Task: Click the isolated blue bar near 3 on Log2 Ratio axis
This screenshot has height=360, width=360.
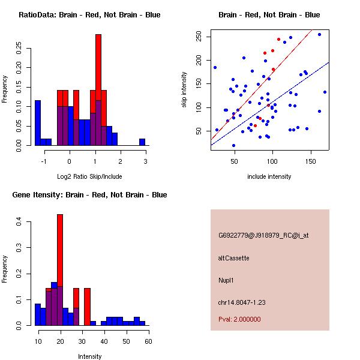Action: [x=142, y=142]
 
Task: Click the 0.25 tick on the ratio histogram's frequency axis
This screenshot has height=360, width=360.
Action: [x=19, y=47]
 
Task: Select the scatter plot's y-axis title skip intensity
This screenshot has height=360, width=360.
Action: [x=185, y=90]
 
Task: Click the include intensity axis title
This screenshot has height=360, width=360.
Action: [x=269, y=176]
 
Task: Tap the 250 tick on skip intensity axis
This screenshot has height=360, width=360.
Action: [x=198, y=37]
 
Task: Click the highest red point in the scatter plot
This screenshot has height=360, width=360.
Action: [x=278, y=40]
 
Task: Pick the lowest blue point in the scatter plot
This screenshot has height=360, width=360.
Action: [x=233, y=145]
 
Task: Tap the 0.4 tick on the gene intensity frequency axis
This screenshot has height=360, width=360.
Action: [x=19, y=223]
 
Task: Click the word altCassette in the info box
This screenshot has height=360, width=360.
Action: [x=233, y=258]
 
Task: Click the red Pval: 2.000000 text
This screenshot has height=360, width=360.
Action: [x=239, y=320]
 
